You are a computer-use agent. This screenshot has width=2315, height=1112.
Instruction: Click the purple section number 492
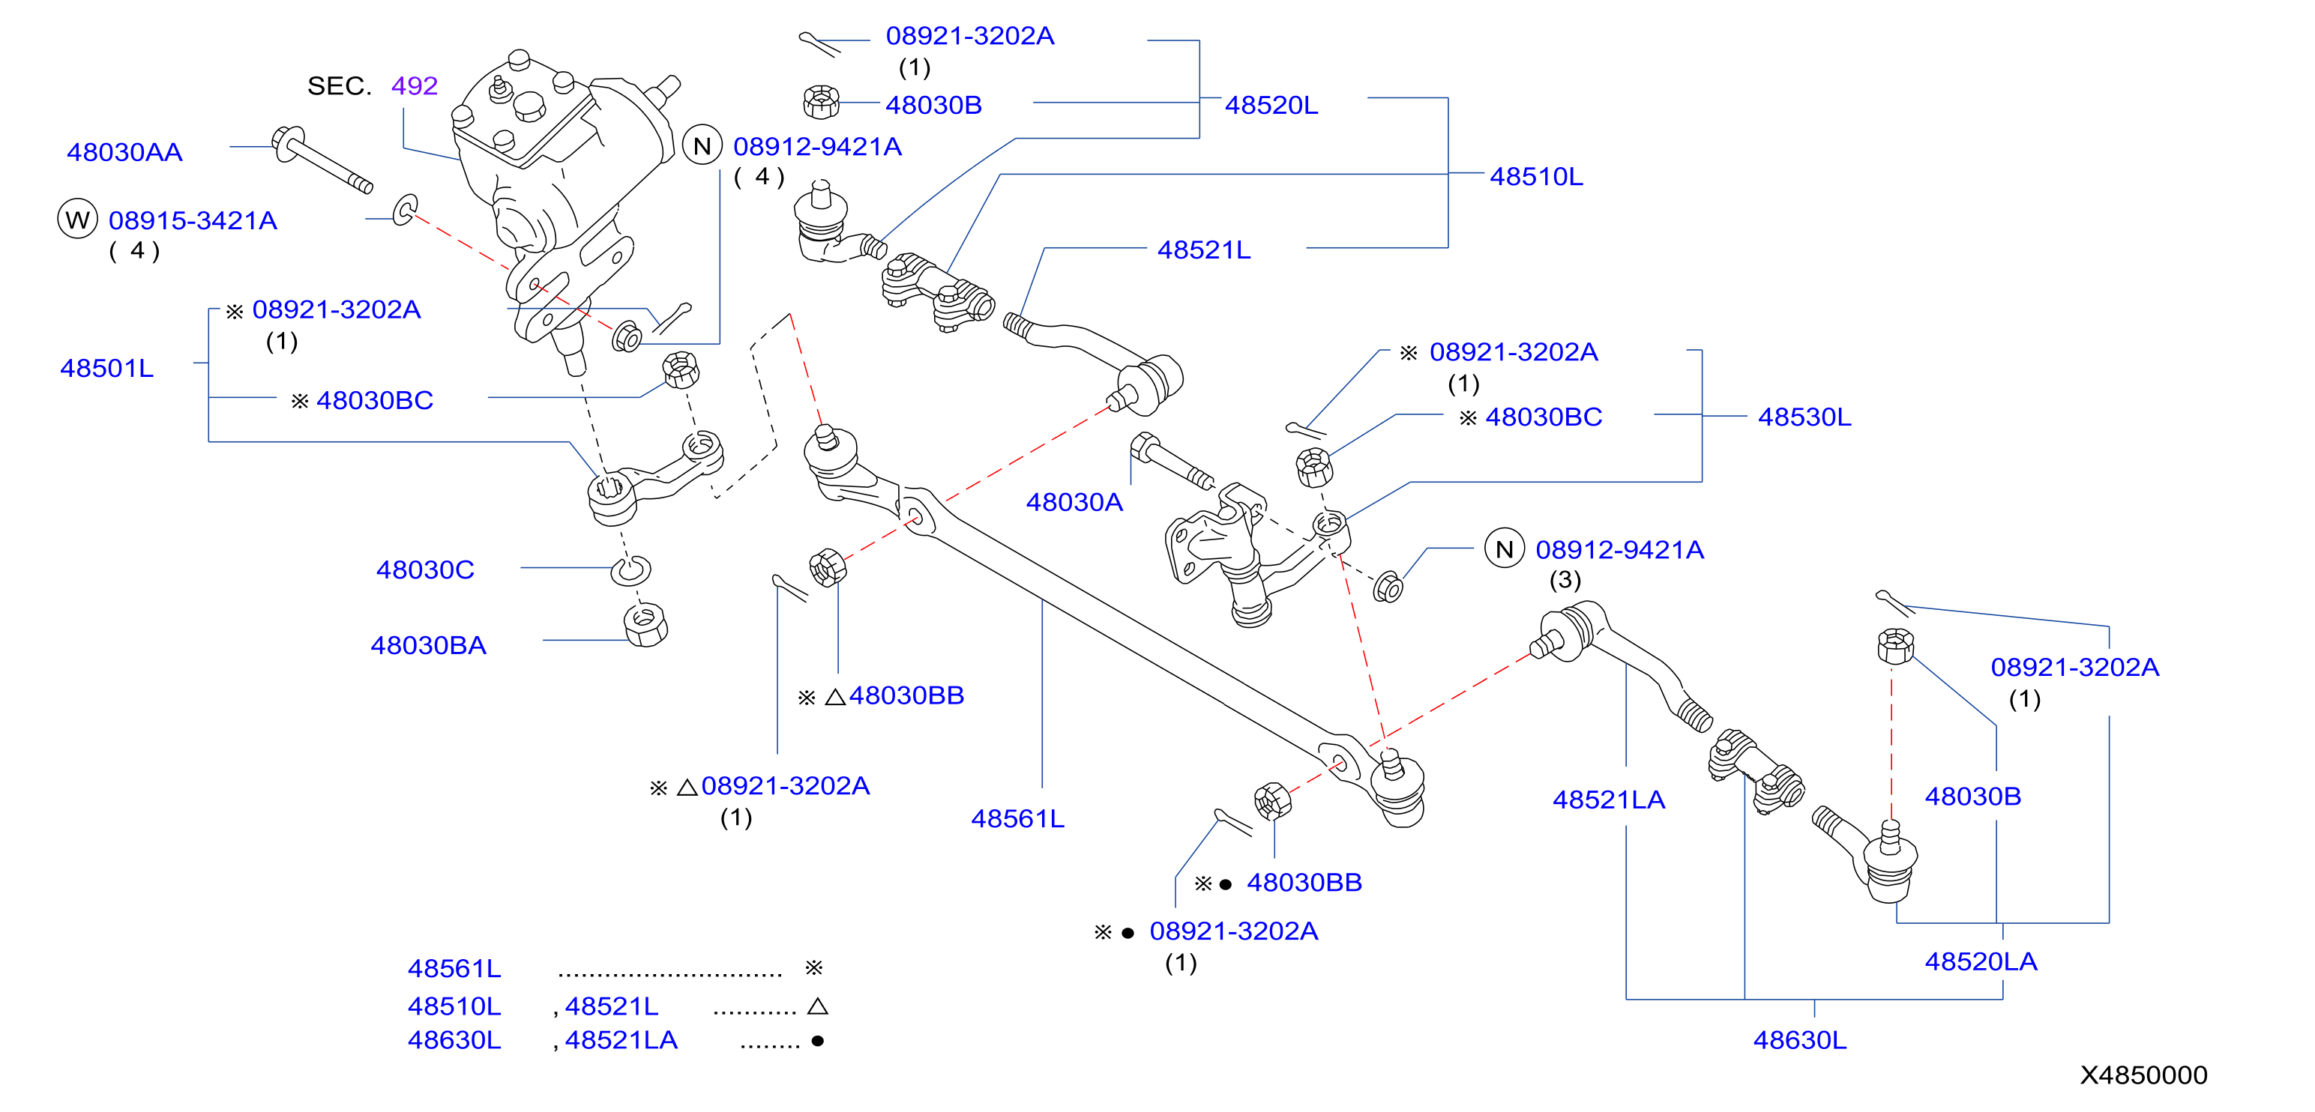coord(415,86)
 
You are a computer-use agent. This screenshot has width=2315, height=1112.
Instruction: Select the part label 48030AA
coord(125,153)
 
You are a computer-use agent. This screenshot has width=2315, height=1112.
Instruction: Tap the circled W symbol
coord(77,219)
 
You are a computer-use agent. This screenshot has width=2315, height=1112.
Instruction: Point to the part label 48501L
coord(107,368)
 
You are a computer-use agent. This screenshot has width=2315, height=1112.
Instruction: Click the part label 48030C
coord(425,569)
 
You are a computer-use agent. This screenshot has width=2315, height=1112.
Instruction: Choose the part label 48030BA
coord(429,645)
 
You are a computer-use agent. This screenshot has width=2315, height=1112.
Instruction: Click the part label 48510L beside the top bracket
coord(1537,177)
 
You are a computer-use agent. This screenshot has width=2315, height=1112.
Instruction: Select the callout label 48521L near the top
coord(1204,250)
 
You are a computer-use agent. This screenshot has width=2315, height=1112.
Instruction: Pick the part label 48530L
coord(1804,417)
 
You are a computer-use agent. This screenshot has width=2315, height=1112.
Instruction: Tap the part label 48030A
coord(1075,502)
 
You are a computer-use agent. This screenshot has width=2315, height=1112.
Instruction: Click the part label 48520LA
coord(1981,961)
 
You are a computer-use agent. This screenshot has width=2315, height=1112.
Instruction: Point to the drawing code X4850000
coord(2144,1075)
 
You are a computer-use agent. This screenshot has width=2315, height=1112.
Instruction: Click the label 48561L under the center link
coord(1018,818)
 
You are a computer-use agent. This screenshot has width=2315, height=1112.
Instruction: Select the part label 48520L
coord(1271,105)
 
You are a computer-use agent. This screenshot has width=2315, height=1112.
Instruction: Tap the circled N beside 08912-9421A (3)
coord(1505,548)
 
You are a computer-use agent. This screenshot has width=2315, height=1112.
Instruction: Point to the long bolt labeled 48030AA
coord(322,160)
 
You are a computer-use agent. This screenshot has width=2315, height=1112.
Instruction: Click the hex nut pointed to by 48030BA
coord(645,624)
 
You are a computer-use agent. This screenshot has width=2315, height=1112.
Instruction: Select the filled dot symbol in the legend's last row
coord(818,1041)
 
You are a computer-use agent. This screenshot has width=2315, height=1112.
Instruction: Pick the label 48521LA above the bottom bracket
coord(1610,800)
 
